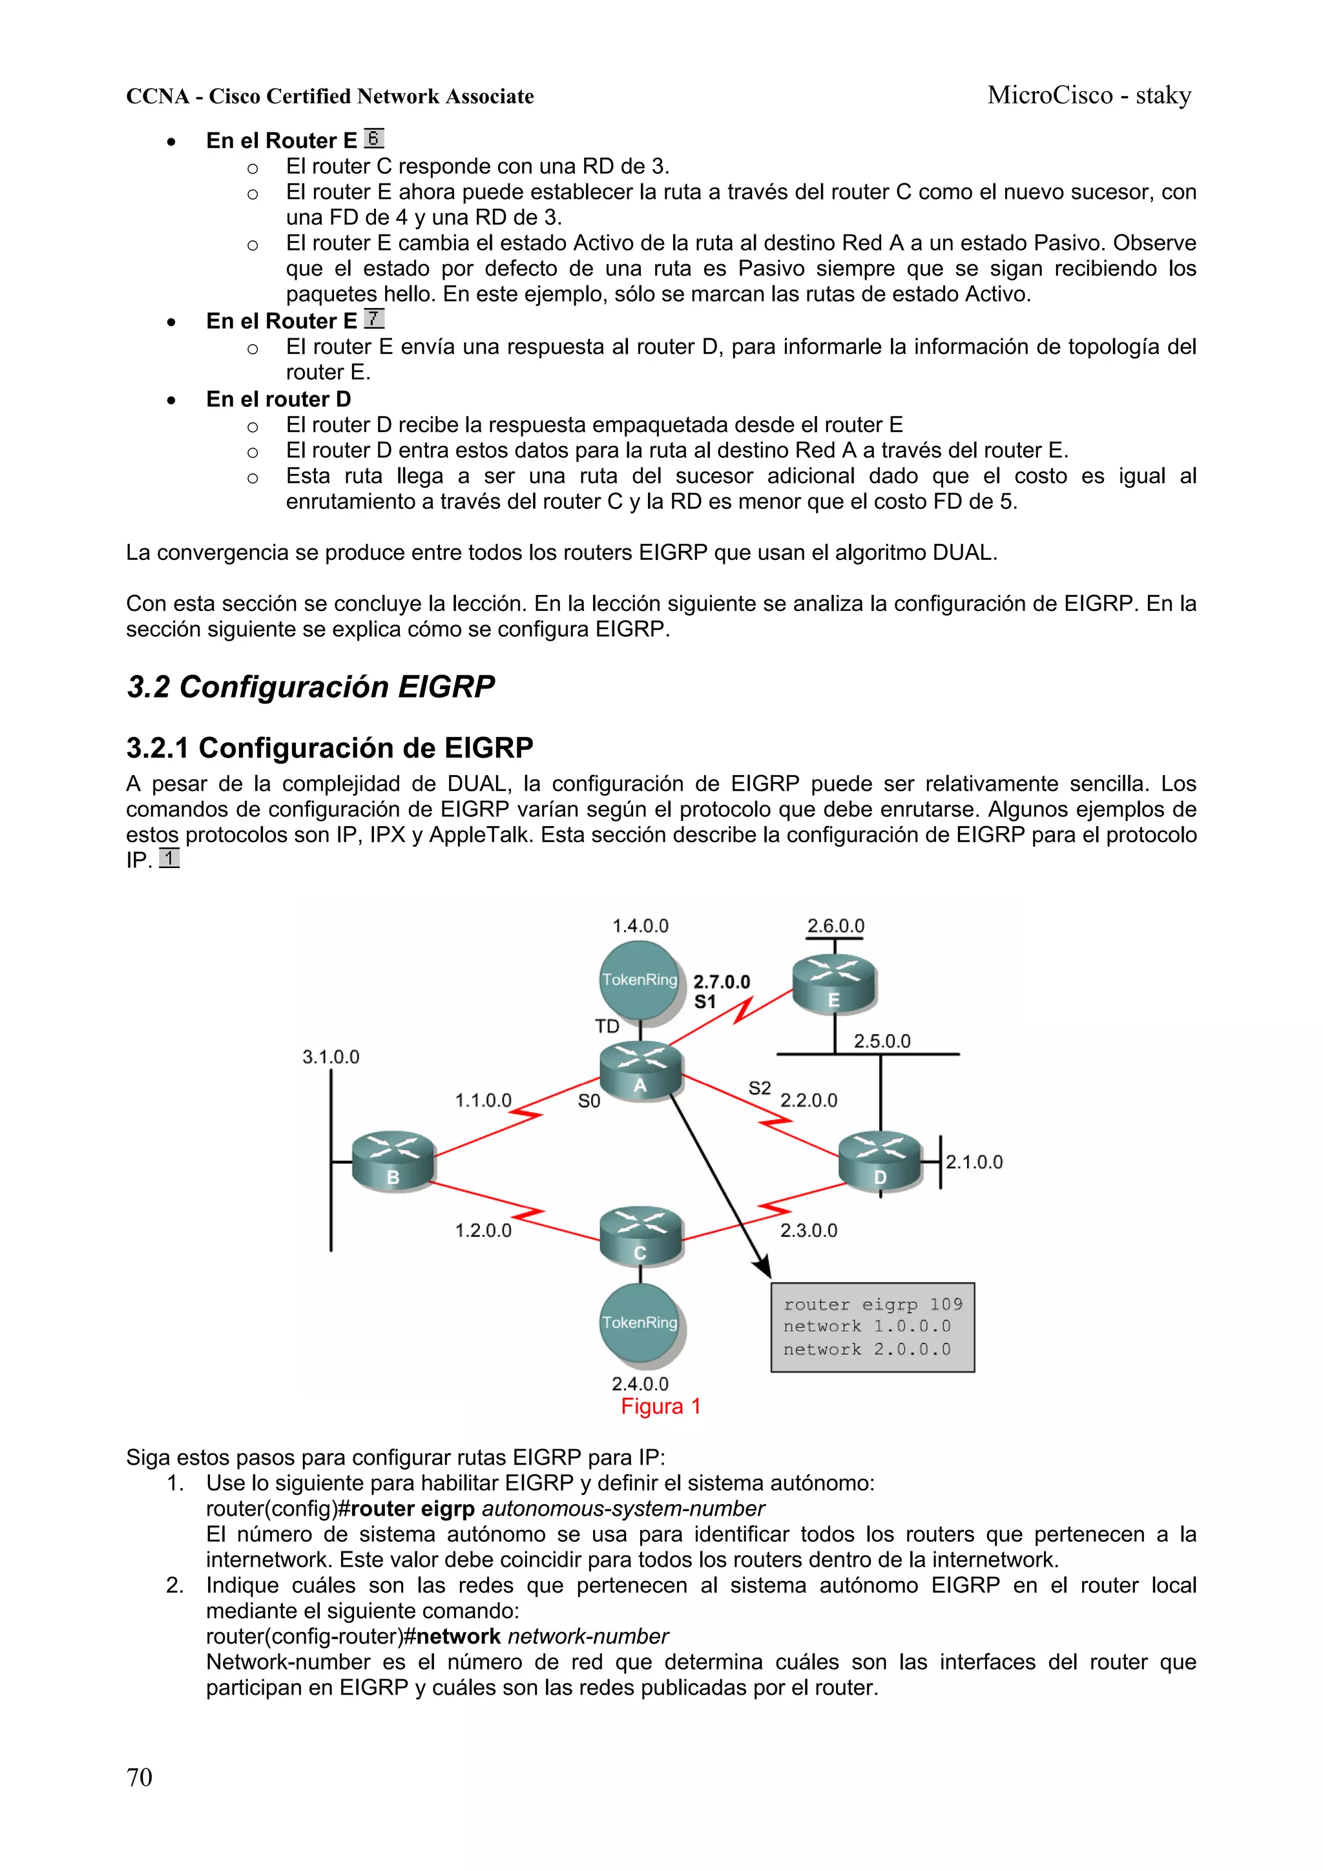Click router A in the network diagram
click(641, 1071)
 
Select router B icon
click(393, 1161)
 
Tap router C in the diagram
click(641, 1236)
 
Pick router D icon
click(880, 1161)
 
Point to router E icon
click(834, 984)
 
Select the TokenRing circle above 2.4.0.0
click(640, 1322)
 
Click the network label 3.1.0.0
click(331, 1057)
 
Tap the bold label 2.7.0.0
click(722, 981)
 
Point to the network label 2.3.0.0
click(809, 1230)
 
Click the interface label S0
click(589, 1101)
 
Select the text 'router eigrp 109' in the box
click(872, 1304)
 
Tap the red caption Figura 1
click(660, 1407)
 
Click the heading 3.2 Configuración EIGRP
click(311, 687)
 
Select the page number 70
click(140, 1777)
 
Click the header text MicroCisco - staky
click(1089, 96)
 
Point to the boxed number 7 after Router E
click(373, 318)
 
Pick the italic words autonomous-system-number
click(623, 1509)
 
